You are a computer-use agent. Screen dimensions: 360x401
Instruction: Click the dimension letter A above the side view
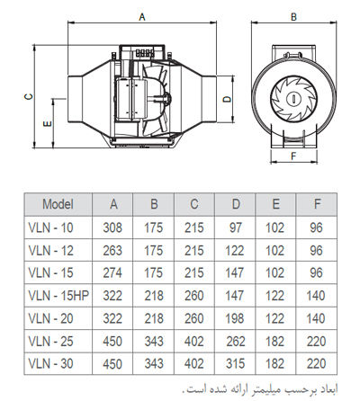pyautogui.click(x=142, y=17)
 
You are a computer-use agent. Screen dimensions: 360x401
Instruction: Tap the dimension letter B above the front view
pyautogui.click(x=293, y=17)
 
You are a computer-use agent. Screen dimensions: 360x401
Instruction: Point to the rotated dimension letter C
pyautogui.click(x=29, y=96)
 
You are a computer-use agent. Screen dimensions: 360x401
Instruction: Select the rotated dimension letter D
pyautogui.click(x=228, y=99)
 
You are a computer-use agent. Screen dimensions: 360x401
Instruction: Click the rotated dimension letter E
pyautogui.click(x=48, y=123)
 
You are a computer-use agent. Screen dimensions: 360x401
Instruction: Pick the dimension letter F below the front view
pyautogui.click(x=293, y=156)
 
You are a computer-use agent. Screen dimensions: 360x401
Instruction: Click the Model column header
pyautogui.click(x=58, y=204)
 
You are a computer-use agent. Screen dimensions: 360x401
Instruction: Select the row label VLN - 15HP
pyautogui.click(x=58, y=296)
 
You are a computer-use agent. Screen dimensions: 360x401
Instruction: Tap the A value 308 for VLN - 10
pyautogui.click(x=112, y=227)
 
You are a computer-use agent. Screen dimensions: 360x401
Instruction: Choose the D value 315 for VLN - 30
pyautogui.click(x=236, y=364)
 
